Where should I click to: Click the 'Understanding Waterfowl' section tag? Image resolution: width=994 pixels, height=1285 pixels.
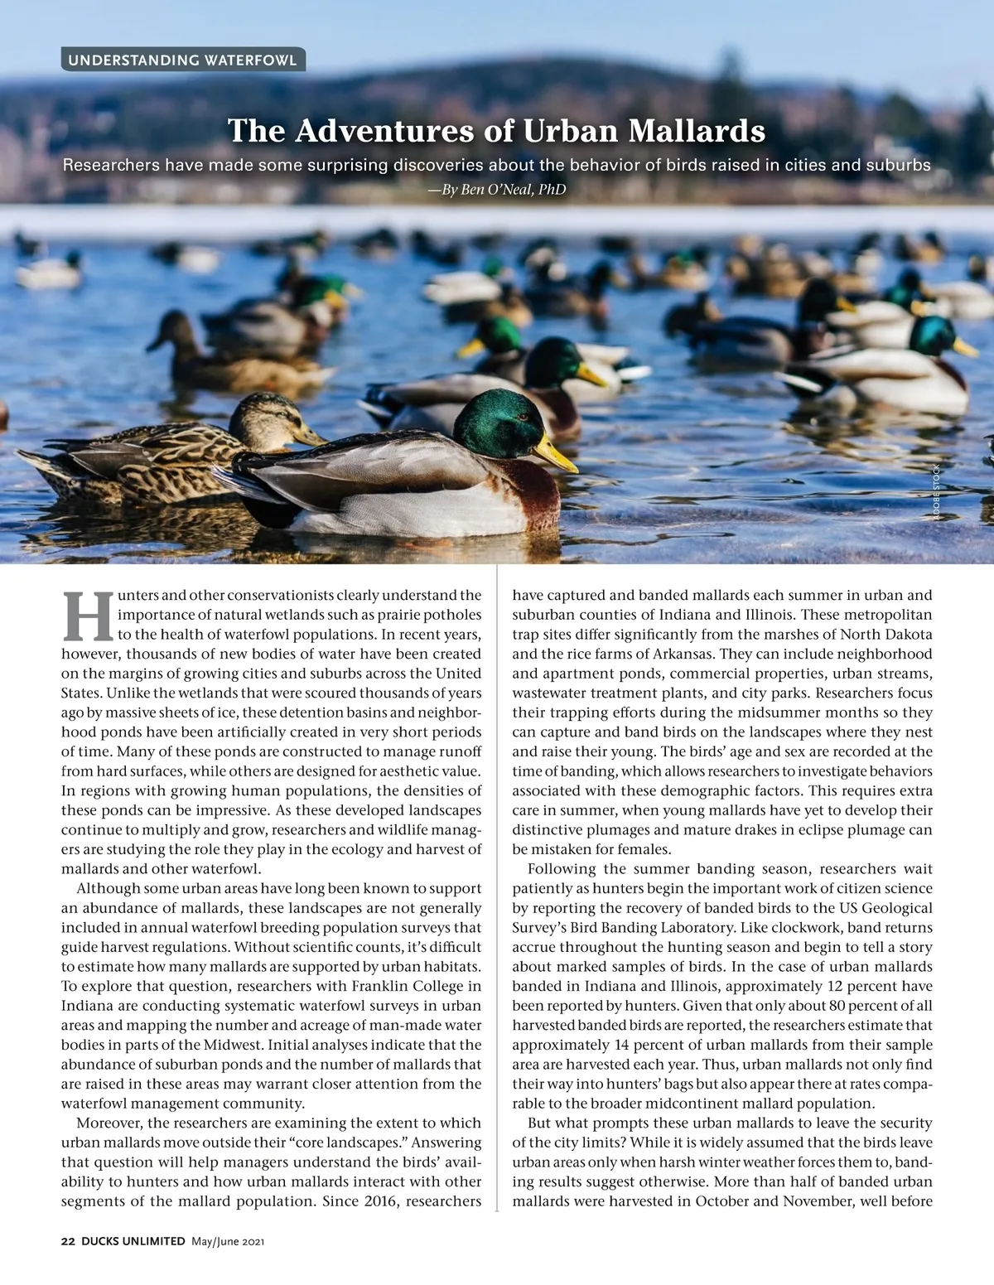coord(182,60)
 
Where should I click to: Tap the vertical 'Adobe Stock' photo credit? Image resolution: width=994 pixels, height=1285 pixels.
coord(937,493)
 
